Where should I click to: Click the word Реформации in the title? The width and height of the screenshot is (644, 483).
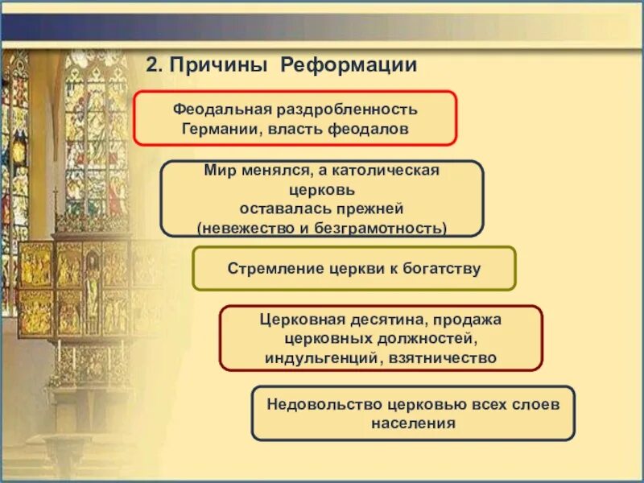coord(349,65)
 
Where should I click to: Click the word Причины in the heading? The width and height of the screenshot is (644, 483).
coord(218,66)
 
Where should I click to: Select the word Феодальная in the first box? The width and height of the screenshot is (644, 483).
coord(222,109)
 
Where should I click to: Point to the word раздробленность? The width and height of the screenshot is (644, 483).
coord(347,109)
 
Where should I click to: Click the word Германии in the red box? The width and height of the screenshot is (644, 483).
coord(223,130)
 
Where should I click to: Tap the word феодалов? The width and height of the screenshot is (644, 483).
coord(369,130)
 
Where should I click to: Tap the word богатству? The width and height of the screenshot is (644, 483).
coord(441,269)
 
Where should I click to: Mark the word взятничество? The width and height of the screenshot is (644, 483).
coord(442,358)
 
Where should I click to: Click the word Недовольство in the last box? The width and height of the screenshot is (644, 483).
coord(325,405)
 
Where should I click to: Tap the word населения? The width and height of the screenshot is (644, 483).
coord(413,423)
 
